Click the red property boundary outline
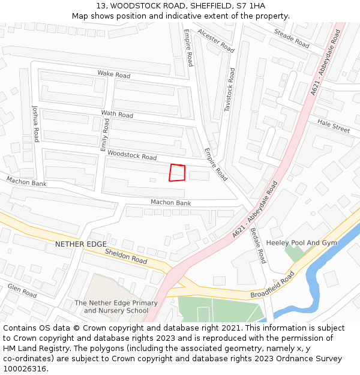(x=177, y=172)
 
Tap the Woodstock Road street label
(x=132, y=155)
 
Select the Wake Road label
(x=114, y=75)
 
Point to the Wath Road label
(x=117, y=114)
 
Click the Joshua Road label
(x=35, y=122)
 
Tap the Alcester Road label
(x=216, y=41)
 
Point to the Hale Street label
(x=334, y=125)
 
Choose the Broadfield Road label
(x=272, y=286)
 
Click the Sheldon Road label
(x=126, y=256)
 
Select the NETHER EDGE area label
(x=80, y=244)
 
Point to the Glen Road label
(x=22, y=291)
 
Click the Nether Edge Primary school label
(x=116, y=307)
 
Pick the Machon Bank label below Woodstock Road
(x=170, y=203)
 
